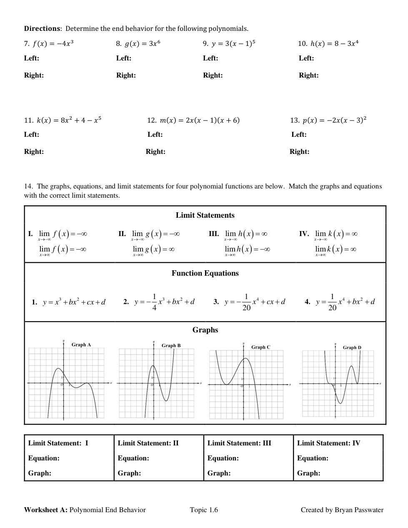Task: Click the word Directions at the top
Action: click(x=42, y=29)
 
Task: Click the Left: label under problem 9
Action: click(x=210, y=58)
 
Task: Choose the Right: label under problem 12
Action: click(x=155, y=152)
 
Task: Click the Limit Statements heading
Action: click(x=205, y=215)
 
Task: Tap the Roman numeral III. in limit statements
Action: click(x=213, y=234)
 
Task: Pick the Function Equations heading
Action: click(x=205, y=273)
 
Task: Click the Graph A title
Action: click(x=81, y=345)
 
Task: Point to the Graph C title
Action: click(x=261, y=347)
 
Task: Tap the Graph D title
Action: click(x=352, y=347)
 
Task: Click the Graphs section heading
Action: click(x=205, y=330)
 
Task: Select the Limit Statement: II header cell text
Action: click(x=148, y=443)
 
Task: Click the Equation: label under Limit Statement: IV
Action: click(x=313, y=458)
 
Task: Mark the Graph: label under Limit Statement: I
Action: click(x=40, y=473)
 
